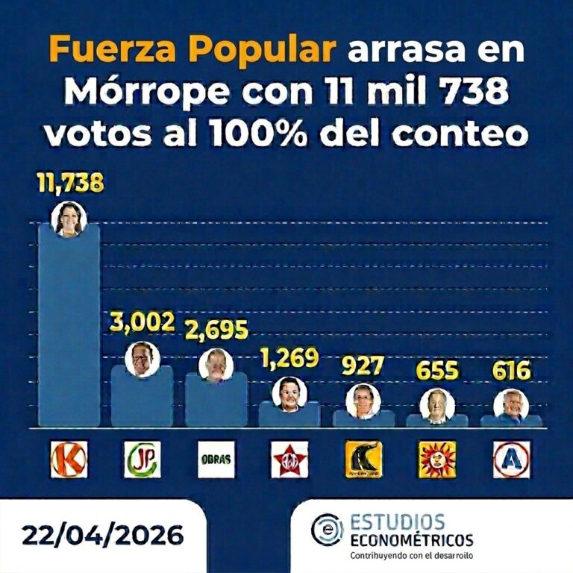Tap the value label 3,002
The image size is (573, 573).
click(142, 322)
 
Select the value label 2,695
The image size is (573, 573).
click(216, 331)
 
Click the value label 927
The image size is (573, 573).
click(363, 367)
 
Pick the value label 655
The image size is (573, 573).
click(436, 372)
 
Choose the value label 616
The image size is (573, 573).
click(510, 372)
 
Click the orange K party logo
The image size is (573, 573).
click(69, 460)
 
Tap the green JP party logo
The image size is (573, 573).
click(142, 460)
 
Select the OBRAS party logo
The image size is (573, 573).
click(216, 460)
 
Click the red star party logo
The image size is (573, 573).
click(289, 460)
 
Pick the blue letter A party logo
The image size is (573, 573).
click(511, 460)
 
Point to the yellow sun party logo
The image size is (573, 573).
click(437, 460)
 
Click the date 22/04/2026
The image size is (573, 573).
click(102, 534)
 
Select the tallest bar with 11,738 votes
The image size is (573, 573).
click(69, 328)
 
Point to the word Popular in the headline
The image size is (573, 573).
click(269, 50)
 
